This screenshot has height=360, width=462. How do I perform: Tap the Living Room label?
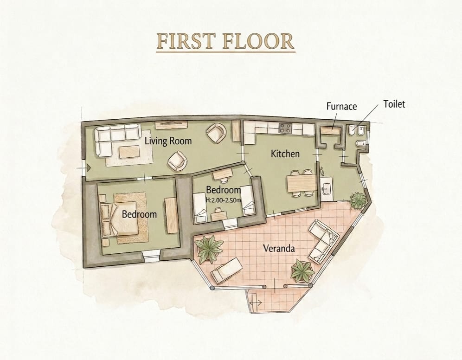click(168, 141)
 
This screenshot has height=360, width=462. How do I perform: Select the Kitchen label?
click(285, 154)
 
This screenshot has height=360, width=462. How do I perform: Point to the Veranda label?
click(279, 248)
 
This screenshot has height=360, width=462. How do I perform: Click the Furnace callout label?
click(341, 106)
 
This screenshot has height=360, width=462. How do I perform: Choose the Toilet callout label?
click(394, 104)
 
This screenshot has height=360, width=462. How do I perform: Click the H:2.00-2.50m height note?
click(223, 200)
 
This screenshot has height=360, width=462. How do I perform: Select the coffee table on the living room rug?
click(129, 152)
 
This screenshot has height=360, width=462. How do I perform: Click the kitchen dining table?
click(302, 183)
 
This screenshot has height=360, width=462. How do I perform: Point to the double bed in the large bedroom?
click(119, 219)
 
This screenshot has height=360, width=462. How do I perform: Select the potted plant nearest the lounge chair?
click(209, 249)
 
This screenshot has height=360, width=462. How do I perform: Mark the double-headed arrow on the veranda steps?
click(256, 302)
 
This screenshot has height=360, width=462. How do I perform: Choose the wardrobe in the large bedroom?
click(171, 215)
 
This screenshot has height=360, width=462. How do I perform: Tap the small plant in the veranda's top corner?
click(358, 200)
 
